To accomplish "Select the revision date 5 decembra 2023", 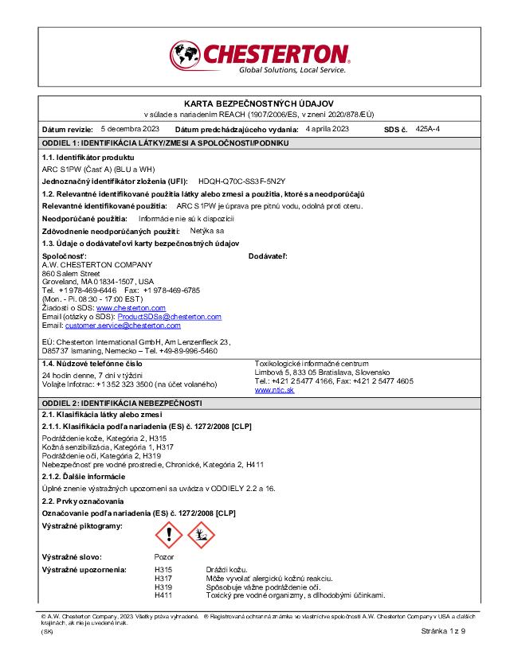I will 130,129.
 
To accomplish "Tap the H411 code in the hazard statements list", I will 162,595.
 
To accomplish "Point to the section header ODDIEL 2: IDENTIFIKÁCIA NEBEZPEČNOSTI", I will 122,404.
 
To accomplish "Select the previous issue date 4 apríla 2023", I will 327,129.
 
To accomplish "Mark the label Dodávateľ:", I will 268,255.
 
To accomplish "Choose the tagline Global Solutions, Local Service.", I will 292,70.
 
